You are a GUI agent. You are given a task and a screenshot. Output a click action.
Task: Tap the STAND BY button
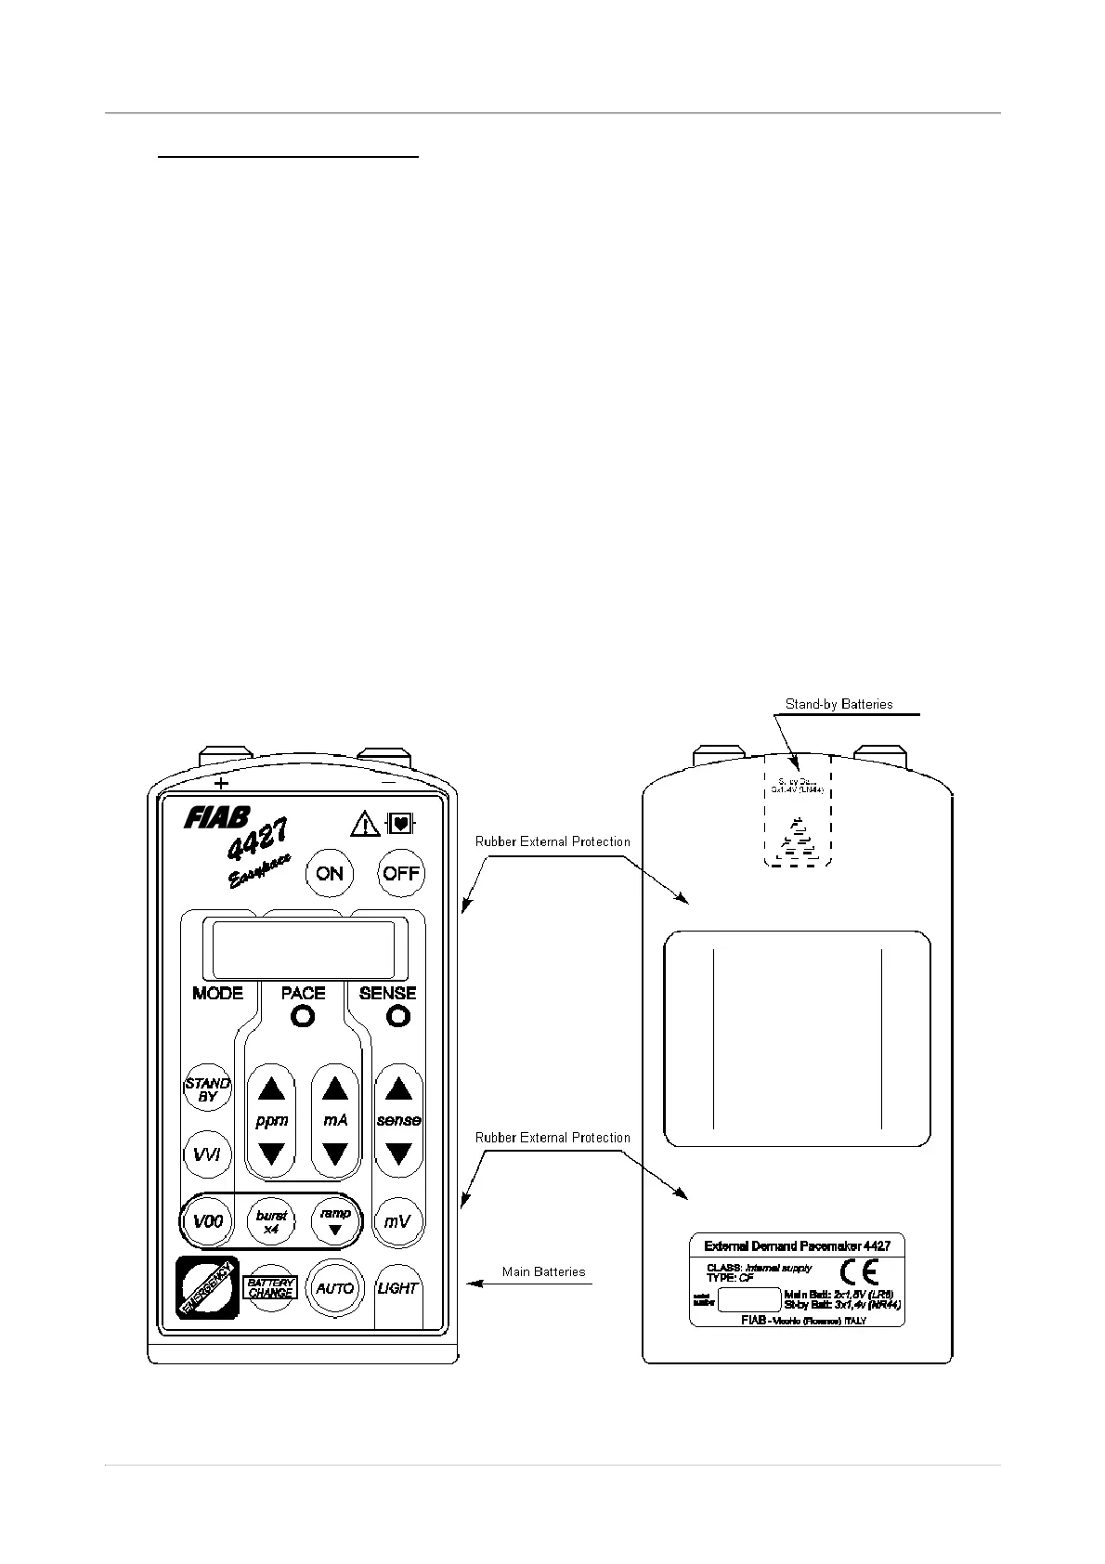point(208,1090)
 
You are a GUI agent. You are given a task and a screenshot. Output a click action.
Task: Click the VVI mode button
point(207,1154)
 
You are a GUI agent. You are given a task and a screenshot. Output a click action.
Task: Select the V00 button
point(208,1221)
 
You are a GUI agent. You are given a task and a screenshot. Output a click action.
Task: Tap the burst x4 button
point(271,1221)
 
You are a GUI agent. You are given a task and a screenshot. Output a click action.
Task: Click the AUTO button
point(334,1288)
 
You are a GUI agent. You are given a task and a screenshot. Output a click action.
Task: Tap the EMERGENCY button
point(208,1287)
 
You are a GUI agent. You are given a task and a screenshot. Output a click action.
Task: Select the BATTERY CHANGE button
point(270,1288)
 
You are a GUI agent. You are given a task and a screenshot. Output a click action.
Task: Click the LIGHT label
point(397,1288)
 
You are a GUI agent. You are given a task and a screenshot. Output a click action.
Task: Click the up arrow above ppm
point(271,1088)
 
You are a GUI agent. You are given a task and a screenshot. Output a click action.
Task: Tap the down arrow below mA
point(335,1154)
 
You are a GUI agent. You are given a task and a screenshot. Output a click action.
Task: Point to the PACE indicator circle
point(303,1017)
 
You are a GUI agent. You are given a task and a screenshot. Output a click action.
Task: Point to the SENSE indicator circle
point(398,1017)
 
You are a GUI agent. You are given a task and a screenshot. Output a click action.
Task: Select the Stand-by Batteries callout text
point(838,704)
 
